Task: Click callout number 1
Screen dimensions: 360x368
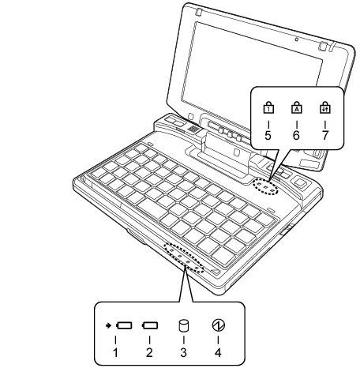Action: (115, 352)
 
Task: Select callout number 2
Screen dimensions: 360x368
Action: (149, 352)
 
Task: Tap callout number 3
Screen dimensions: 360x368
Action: (183, 352)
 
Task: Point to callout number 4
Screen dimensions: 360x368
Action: (218, 352)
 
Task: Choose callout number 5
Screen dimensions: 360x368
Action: (268, 135)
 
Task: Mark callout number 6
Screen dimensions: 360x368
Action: (296, 135)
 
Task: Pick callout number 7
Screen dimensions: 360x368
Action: (325, 135)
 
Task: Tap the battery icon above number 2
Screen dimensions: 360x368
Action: (150, 325)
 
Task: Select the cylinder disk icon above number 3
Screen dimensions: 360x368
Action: (184, 325)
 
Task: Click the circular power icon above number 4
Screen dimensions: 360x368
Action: (218, 325)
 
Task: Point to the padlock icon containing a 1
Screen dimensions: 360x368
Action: (268, 107)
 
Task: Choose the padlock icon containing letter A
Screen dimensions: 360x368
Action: (297, 107)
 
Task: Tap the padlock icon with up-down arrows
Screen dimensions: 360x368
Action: (325, 107)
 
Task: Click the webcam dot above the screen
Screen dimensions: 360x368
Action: (297, 39)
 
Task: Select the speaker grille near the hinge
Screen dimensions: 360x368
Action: (193, 129)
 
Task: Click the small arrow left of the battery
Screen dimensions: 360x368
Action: (108, 325)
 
